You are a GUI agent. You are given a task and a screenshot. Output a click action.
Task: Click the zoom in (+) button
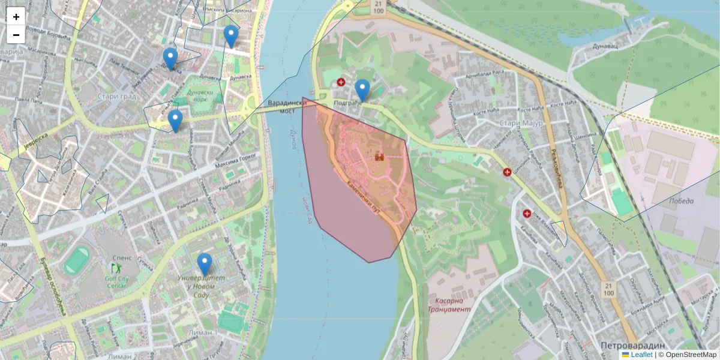[16, 17]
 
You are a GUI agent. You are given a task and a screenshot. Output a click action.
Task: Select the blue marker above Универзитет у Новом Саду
[205, 265]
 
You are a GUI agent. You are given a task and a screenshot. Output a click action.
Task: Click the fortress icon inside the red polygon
[379, 157]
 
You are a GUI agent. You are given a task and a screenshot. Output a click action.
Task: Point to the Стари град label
[116, 96]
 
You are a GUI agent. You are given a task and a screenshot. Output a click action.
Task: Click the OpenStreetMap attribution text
[691, 355]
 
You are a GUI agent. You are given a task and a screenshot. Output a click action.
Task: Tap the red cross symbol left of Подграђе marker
[341, 82]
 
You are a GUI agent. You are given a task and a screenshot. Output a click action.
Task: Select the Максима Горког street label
[236, 161]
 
